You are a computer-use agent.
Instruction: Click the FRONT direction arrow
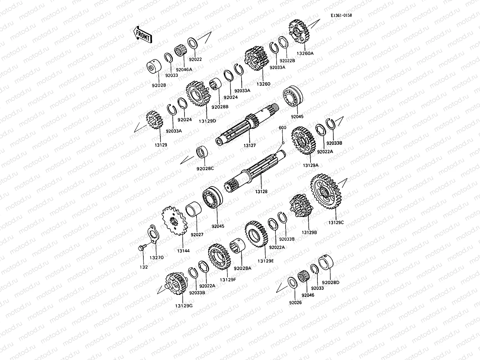pyautogui.click(x=142, y=34)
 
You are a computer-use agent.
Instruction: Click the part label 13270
pyautogui.click(x=157, y=257)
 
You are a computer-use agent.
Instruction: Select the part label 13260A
pyautogui.click(x=305, y=53)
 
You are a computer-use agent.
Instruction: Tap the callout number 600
pyautogui.click(x=282, y=127)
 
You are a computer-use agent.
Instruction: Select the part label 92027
pyautogui.click(x=197, y=234)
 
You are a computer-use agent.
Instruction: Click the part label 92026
pyautogui.click(x=295, y=303)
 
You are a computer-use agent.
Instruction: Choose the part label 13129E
pyautogui.click(x=265, y=261)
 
